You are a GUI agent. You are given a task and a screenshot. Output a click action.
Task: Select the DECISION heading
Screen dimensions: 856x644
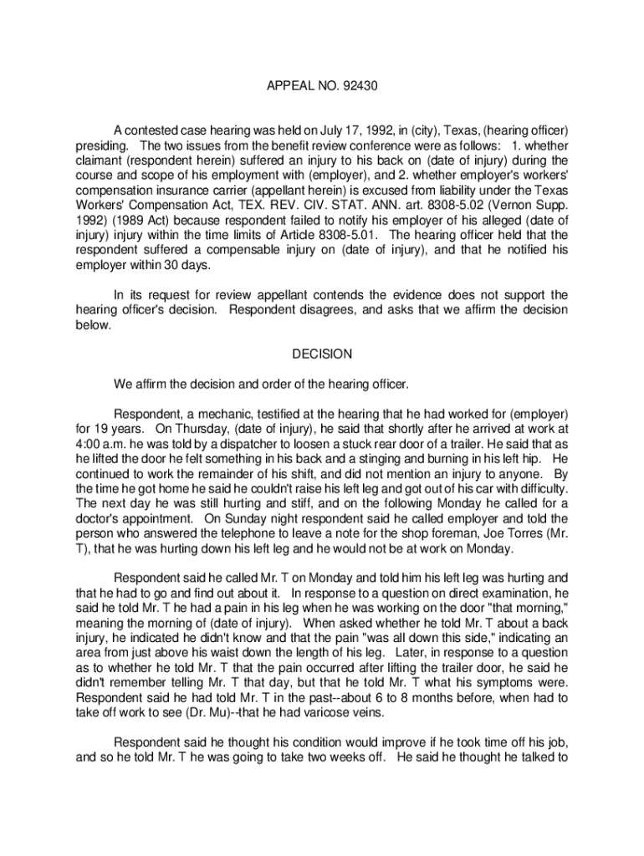click(x=322, y=354)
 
